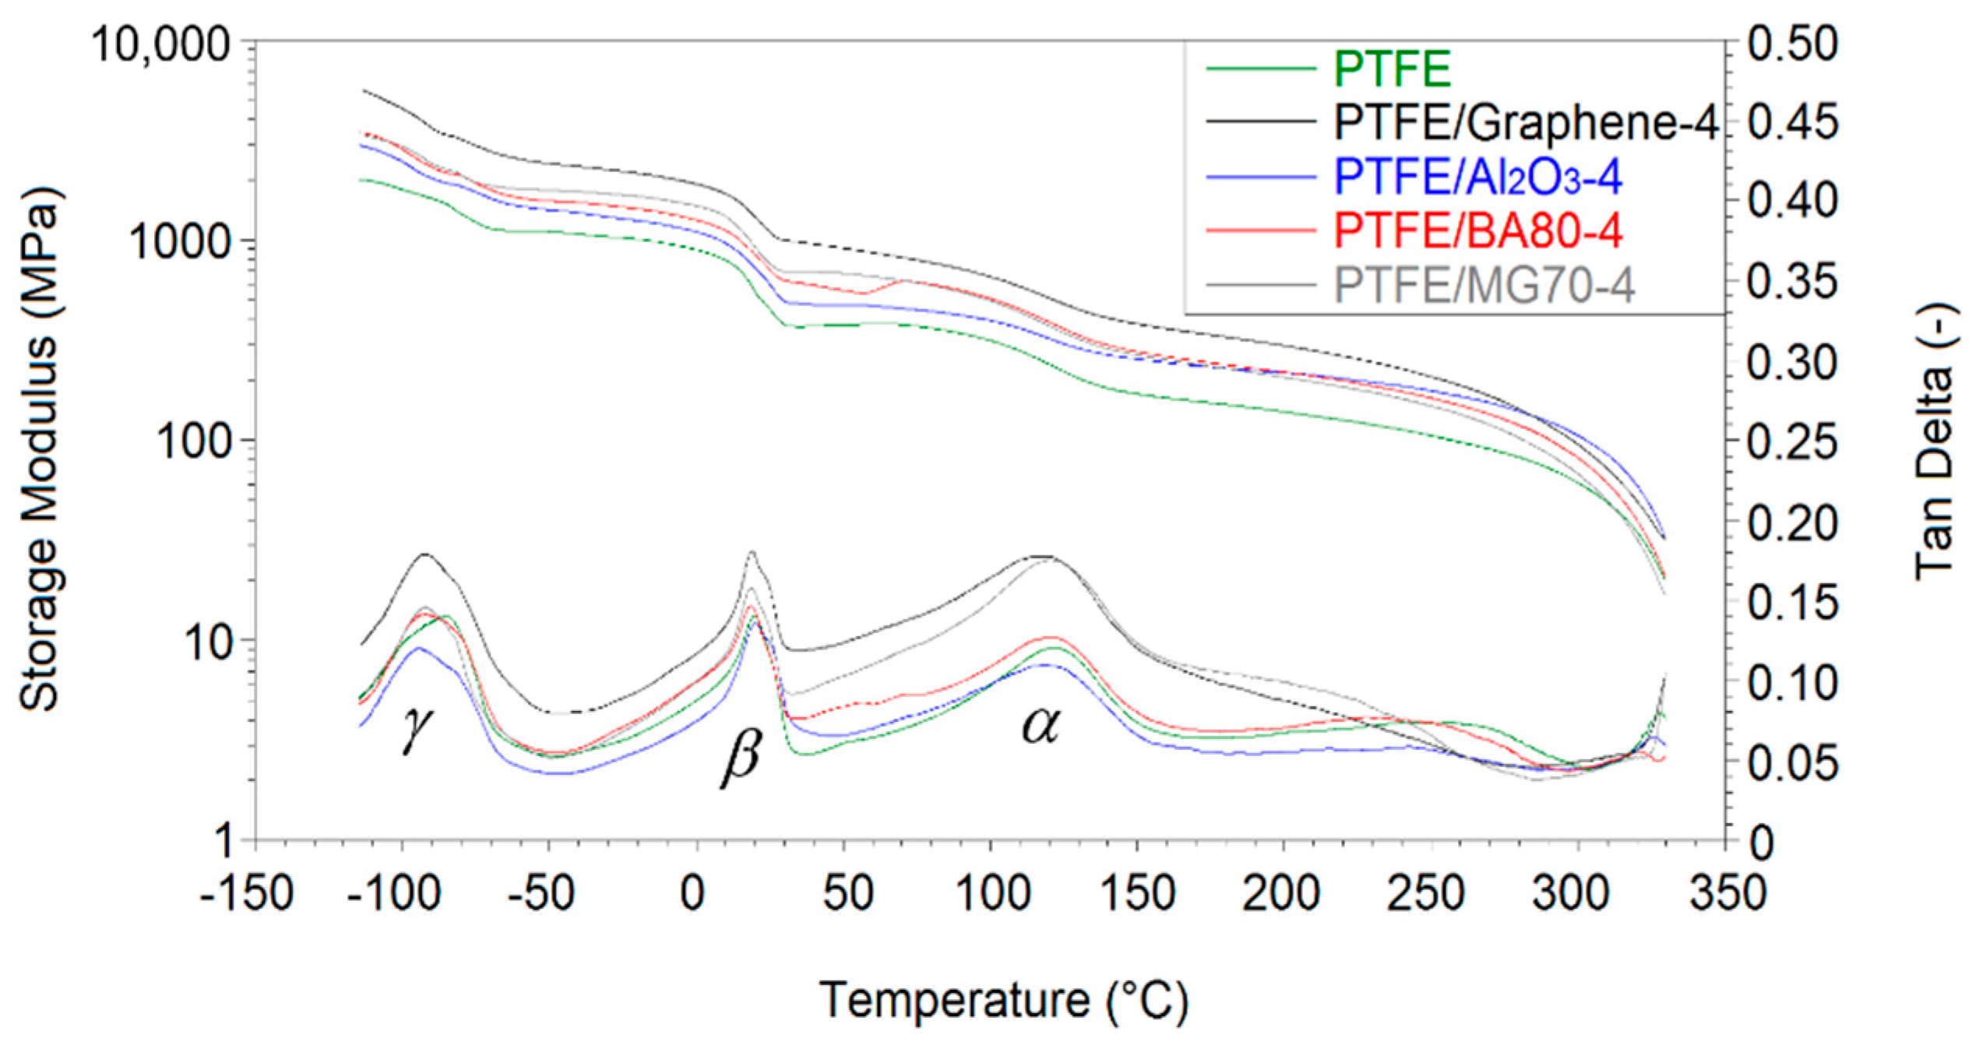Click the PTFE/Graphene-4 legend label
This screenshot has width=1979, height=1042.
(1525, 123)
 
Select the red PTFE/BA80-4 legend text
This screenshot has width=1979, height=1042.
(1477, 231)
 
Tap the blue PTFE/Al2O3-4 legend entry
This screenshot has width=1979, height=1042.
(1477, 178)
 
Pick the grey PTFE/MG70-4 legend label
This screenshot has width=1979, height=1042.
(1484, 286)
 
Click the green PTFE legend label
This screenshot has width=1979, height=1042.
(1393, 69)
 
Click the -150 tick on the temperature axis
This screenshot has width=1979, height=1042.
(246, 893)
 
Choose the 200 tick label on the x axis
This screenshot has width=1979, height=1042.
(1281, 893)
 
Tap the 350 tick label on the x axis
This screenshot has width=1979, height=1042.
(1727, 893)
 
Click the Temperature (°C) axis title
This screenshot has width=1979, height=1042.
(1003, 1000)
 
